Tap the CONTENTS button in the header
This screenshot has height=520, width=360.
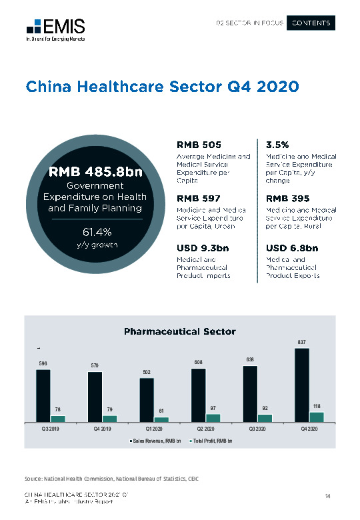(x=311, y=23)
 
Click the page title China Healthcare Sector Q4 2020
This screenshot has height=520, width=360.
(x=161, y=87)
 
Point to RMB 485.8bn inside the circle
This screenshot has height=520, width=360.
(x=95, y=172)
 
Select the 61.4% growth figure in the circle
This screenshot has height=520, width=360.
(x=95, y=233)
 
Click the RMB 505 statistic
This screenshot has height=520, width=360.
(x=199, y=145)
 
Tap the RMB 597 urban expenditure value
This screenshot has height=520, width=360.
(x=199, y=198)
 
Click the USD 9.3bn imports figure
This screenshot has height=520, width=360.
(x=203, y=249)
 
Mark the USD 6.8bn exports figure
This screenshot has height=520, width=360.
(x=292, y=249)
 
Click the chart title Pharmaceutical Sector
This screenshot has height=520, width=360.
(x=179, y=331)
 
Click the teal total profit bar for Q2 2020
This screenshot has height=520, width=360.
(x=213, y=417)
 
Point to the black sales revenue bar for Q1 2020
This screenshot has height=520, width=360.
(x=147, y=400)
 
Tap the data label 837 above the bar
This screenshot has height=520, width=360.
(x=301, y=342)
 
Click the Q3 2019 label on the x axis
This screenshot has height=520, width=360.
(x=43, y=429)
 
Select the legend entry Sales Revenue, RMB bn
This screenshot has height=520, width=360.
(x=155, y=441)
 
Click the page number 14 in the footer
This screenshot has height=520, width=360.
(x=328, y=495)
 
